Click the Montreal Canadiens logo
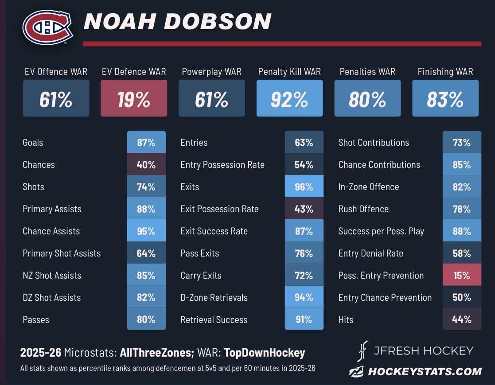[48, 27]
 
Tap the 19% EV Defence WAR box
[134, 98]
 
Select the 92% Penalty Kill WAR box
[289, 98]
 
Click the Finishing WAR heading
[445, 72]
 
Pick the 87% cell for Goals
[146, 142]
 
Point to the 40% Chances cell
[146, 164]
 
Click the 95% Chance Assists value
[146, 231]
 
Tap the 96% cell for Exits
[304, 187]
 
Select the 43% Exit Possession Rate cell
[304, 209]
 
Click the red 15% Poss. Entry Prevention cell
[462, 275]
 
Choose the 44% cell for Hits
[462, 319]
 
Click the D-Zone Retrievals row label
[214, 297]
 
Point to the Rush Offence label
[363, 209]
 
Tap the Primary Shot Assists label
[62, 253]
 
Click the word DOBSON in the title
[218, 21]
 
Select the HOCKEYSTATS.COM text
[425, 371]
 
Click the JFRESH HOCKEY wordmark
[423, 350]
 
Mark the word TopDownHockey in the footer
[265, 353]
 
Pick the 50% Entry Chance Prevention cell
[462, 297]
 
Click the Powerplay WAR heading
[211, 72]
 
